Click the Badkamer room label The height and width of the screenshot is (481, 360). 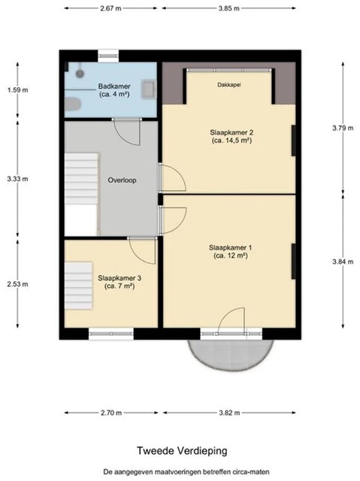coord(114,90)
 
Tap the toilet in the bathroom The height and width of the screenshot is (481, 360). coord(73,104)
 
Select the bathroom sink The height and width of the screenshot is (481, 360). coord(149,89)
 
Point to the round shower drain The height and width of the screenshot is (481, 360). coord(80,74)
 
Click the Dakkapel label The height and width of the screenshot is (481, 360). coord(229,85)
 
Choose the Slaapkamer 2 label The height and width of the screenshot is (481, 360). coord(231,137)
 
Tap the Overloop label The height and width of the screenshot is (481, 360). coord(122,180)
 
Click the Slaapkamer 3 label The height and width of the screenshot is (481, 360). coord(119,282)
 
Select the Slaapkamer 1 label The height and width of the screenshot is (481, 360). coord(230,252)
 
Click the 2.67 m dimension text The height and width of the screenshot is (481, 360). coord(110,8)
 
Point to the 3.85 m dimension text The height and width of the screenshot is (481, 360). coord(228,8)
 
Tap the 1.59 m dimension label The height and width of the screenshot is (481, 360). coord(18,90)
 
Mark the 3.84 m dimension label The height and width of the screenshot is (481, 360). coord(343,262)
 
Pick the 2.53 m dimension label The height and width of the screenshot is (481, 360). coord(18,284)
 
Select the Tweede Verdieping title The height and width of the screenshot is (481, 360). coord(182,451)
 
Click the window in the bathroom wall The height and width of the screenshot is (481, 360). coord(108,56)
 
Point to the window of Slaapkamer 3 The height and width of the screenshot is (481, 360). coord(111,334)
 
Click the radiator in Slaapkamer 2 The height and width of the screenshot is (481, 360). coord(293,141)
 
